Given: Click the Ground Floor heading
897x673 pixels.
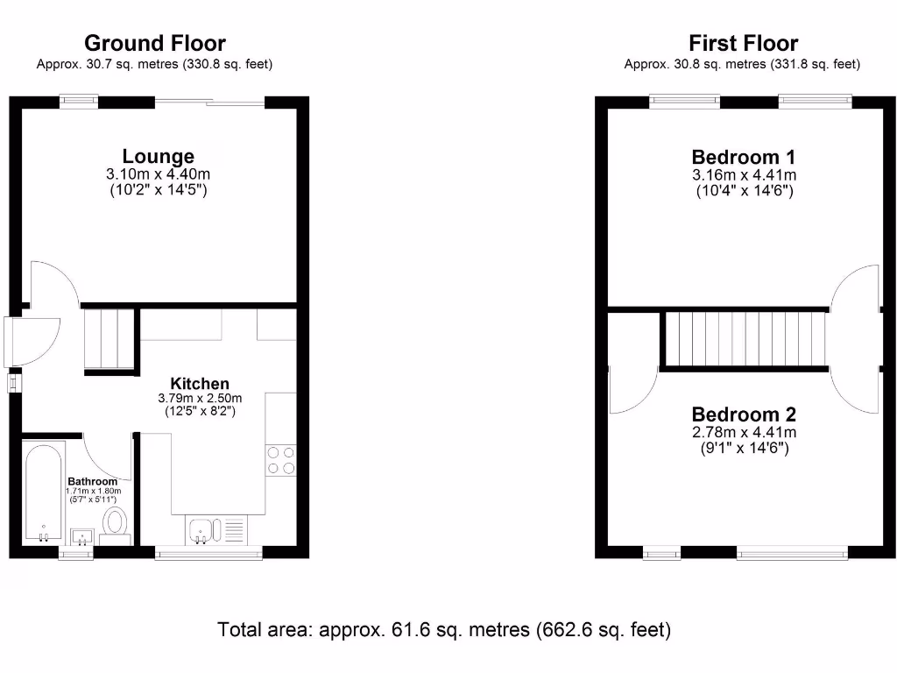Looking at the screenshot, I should (x=154, y=43).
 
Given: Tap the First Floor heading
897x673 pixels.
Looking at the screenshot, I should (x=743, y=43).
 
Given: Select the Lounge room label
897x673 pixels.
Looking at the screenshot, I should (x=158, y=157).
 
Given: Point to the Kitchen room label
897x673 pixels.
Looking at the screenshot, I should (x=200, y=384).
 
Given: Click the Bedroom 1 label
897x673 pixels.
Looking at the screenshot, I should (x=744, y=158).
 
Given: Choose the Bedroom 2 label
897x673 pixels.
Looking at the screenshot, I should (x=744, y=414).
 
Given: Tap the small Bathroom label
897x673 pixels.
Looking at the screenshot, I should (x=92, y=481).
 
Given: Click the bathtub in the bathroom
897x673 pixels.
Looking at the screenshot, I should (x=44, y=495).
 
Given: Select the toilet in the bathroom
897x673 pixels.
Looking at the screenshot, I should (x=115, y=524).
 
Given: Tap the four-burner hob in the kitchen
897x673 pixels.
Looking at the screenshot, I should (x=281, y=461).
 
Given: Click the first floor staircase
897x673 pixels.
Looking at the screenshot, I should (x=745, y=339).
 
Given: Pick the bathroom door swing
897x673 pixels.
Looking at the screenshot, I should (x=107, y=456).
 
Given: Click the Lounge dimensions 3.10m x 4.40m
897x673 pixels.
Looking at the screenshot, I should (x=158, y=175).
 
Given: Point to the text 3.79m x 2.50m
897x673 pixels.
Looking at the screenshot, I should (x=200, y=398).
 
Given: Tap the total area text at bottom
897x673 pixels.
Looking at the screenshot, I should (x=444, y=629).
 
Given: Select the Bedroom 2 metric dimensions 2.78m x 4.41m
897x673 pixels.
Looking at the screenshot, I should (x=744, y=432).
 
